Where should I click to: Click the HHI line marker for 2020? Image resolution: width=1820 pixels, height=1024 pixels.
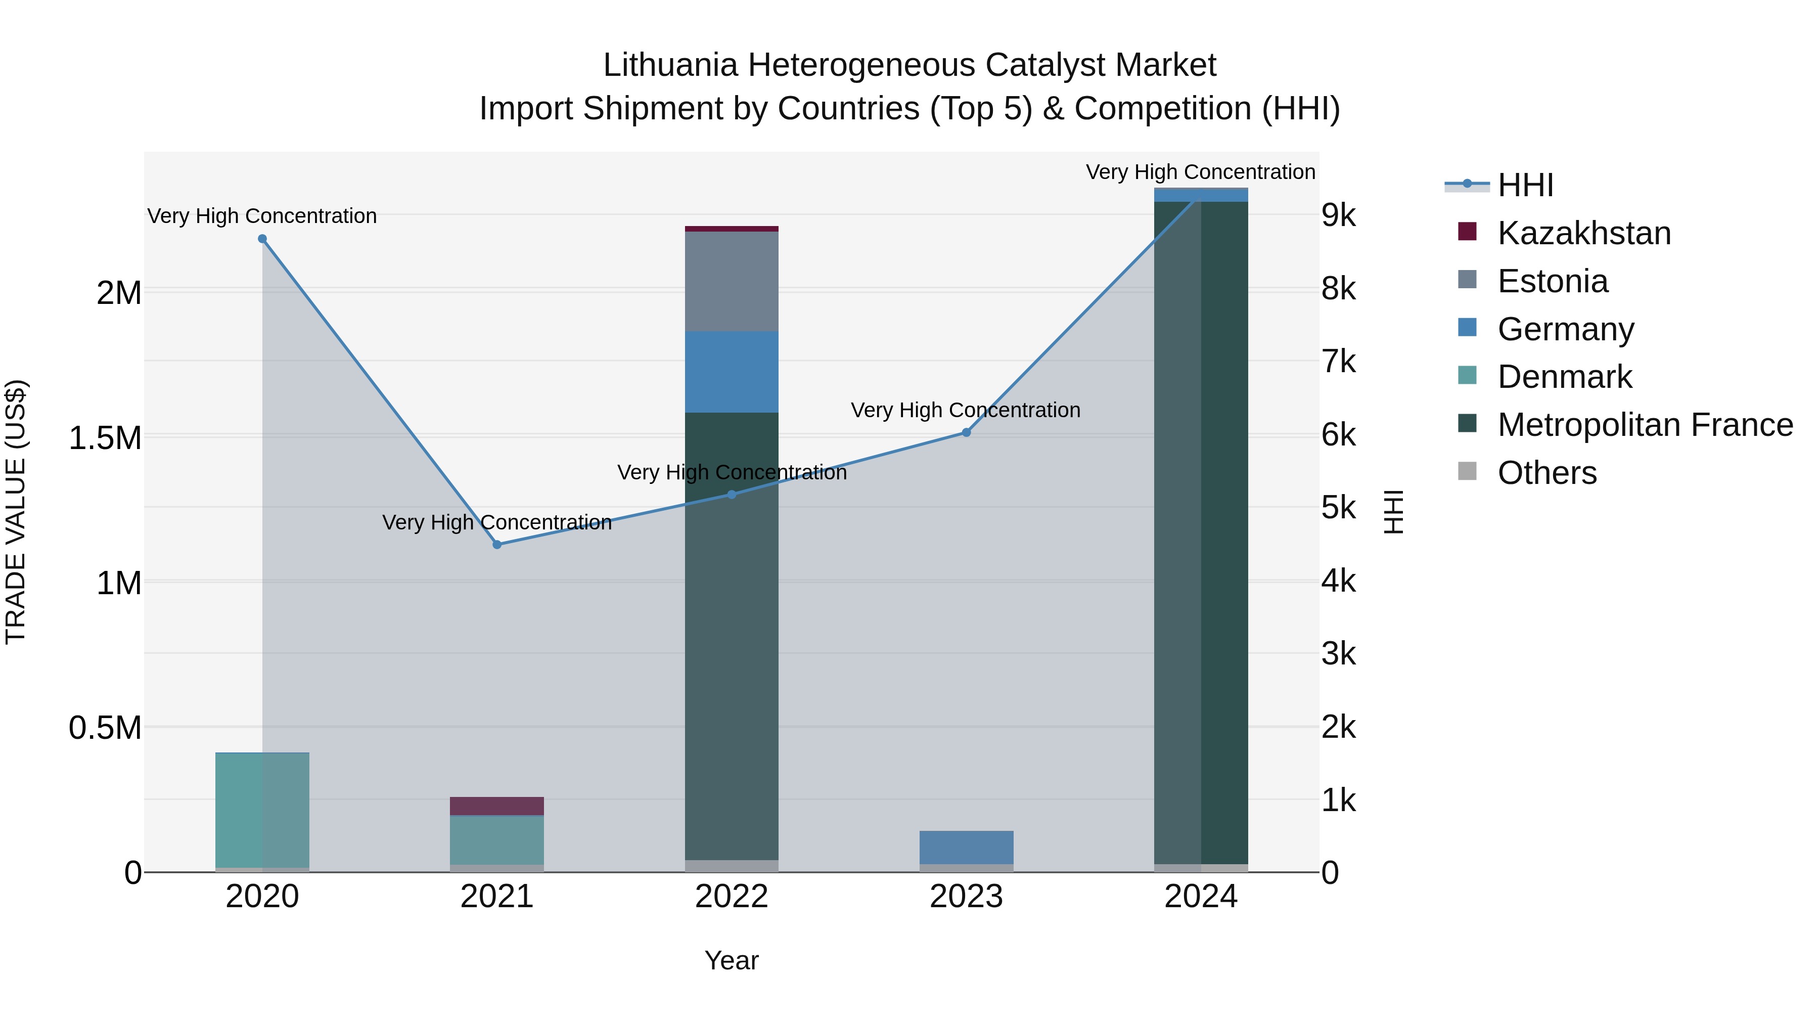(262, 239)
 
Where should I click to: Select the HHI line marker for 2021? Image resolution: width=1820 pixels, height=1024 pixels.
(496, 545)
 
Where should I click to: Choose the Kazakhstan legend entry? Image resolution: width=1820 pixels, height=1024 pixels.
(1583, 233)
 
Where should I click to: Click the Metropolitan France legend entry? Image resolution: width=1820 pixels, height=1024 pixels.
(1645, 425)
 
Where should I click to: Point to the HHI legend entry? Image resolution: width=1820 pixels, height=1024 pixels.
(1525, 185)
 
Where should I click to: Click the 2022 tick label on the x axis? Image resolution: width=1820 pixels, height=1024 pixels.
(731, 897)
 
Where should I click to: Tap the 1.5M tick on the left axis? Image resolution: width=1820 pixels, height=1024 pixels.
(105, 438)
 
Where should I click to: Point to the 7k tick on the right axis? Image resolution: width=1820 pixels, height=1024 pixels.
(1339, 362)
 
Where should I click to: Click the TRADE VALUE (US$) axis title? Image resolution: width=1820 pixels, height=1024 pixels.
(16, 512)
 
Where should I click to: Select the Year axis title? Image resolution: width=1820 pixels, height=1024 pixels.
(731, 960)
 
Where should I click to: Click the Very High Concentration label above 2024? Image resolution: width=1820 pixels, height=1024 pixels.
(1200, 172)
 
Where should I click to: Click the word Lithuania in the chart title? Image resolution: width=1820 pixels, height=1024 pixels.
(670, 65)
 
